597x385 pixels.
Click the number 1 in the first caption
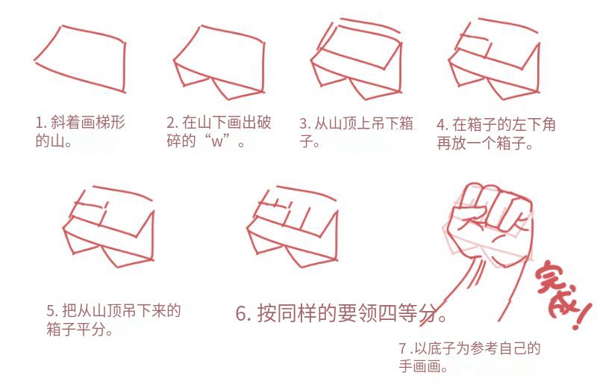pyautogui.click(x=39, y=123)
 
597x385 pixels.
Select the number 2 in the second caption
pyautogui.click(x=171, y=123)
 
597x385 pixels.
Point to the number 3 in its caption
pyautogui.click(x=304, y=123)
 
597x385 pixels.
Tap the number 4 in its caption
pyautogui.click(x=441, y=125)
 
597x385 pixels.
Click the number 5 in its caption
pyautogui.click(x=51, y=310)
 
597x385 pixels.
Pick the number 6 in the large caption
pyautogui.click(x=242, y=314)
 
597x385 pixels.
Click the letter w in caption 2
pyautogui.click(x=216, y=142)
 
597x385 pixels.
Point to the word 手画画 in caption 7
pyautogui.click(x=419, y=366)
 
